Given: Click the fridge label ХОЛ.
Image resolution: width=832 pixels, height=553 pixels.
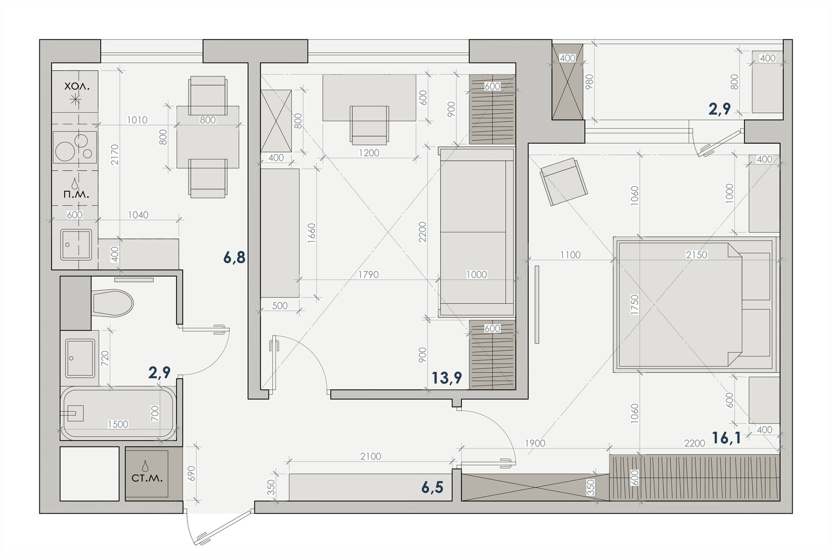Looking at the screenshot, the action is [x=77, y=86].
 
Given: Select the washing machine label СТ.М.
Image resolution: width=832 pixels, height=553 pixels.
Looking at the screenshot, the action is [x=147, y=478].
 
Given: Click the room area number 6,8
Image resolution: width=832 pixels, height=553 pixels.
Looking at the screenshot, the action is [x=235, y=257].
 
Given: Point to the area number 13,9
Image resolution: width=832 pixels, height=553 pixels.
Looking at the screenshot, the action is [x=446, y=378].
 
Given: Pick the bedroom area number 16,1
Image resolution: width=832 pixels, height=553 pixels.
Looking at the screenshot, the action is [x=726, y=438].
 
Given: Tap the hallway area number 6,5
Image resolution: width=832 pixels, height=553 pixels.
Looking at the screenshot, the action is [x=433, y=487].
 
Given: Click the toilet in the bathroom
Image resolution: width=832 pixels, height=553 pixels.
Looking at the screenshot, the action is [x=112, y=303].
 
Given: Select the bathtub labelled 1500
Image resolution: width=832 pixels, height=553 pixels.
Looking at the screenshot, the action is [x=118, y=413].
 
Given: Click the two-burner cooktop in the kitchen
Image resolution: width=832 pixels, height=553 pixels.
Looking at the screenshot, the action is [x=75, y=148].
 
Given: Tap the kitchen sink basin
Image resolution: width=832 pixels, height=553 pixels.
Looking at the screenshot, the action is [x=76, y=245].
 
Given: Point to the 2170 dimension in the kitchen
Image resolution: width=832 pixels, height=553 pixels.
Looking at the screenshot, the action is [x=115, y=154].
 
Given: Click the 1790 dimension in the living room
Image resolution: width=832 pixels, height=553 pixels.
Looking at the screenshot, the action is [x=368, y=274].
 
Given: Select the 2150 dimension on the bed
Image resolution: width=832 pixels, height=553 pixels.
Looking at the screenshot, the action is [x=696, y=255].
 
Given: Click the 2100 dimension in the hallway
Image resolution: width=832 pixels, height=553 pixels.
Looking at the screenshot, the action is [x=371, y=456].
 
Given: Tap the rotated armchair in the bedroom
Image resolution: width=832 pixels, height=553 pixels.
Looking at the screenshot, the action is [x=564, y=181].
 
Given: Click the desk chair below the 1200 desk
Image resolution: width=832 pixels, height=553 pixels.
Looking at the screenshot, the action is [x=369, y=125].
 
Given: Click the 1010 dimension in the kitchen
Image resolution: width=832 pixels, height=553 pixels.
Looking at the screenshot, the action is [x=137, y=120].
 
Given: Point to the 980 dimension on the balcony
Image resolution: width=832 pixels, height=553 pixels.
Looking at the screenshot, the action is [x=589, y=82].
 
